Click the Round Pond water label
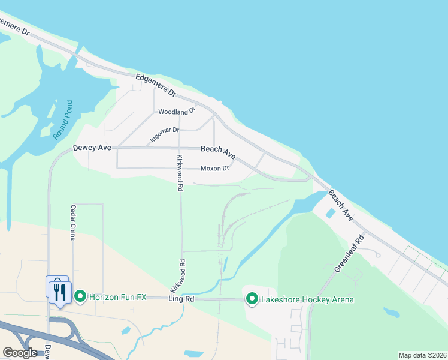tap(62, 120)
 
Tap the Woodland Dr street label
tap(177, 112)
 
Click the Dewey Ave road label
tap(92, 148)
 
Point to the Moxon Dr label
tap(215, 168)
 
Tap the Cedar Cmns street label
tap(73, 223)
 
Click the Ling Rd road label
tap(181, 298)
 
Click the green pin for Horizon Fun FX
tap(81, 296)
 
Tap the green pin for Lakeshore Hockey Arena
tap(252, 298)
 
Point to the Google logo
tap(20, 353)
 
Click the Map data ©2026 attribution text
tap(422, 355)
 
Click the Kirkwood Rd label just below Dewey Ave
tap(179, 173)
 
